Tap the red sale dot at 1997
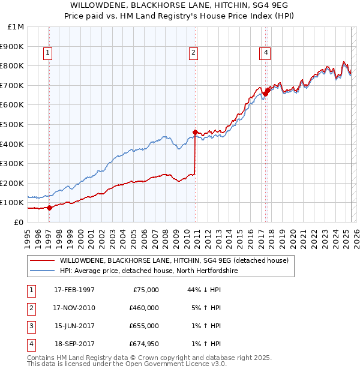49,208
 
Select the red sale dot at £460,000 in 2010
195,132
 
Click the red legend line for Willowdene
43,260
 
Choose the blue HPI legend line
43,271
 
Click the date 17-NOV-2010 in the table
74,308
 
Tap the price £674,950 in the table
143,344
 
